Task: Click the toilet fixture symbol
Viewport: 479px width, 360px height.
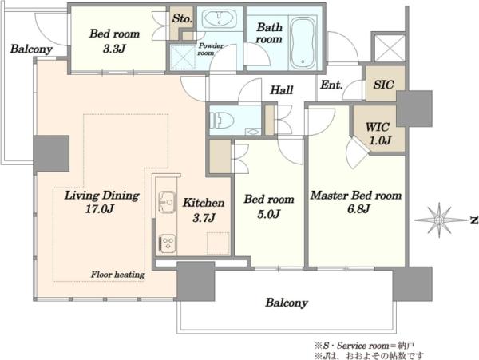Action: pos(221,121)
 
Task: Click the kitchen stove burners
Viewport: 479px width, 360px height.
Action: pos(168,243)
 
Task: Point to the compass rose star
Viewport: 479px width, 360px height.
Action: pos(439,220)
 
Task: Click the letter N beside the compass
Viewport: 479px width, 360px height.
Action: pos(473,220)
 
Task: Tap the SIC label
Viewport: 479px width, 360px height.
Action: pos(383,85)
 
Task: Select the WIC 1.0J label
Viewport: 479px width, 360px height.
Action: pos(378,133)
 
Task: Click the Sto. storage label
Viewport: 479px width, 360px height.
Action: pos(182,18)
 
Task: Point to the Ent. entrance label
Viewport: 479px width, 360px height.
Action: pos(331,85)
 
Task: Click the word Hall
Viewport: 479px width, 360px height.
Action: pos(282,89)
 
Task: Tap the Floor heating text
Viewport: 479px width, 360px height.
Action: pos(117,275)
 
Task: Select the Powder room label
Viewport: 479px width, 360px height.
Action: pos(211,49)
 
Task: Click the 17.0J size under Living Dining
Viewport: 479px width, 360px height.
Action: pos(100,209)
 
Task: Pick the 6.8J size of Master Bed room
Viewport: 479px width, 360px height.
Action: pos(358,209)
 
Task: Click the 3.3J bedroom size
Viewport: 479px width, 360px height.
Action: pos(114,48)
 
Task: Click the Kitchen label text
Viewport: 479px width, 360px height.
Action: pos(204,203)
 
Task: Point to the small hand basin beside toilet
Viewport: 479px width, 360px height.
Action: pos(252,131)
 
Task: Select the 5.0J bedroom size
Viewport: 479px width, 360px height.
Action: pos(269,214)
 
